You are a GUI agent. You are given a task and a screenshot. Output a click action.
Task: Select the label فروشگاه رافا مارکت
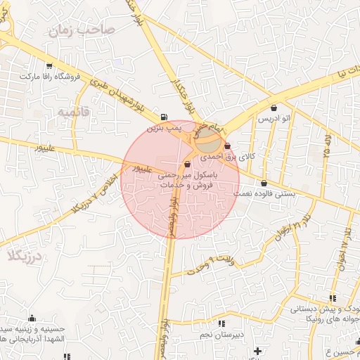[x=50, y=76]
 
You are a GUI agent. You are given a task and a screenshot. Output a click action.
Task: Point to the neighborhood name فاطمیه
[x=74, y=112]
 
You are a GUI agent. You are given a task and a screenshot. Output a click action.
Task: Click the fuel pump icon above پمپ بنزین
[x=164, y=117]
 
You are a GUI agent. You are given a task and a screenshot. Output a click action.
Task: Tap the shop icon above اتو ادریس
[x=274, y=108]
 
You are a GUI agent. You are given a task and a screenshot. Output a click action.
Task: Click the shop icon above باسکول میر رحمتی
[x=186, y=165]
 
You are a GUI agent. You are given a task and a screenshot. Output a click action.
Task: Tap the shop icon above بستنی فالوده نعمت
[x=264, y=183]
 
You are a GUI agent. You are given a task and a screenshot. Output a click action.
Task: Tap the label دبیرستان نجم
[x=239, y=335]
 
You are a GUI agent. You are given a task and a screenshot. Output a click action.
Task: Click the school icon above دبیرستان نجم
[x=222, y=324]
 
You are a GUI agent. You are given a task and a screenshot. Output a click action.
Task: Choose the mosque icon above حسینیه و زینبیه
[x=32, y=318]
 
